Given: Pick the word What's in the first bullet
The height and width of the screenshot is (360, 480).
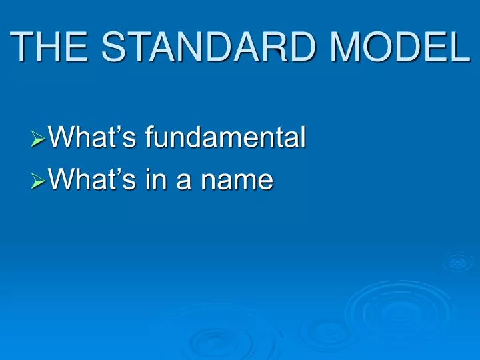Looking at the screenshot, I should (x=85, y=138).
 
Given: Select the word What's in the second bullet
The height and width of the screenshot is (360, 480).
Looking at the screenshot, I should (x=85, y=178).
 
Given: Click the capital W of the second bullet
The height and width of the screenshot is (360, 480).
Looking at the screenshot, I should (x=63, y=178).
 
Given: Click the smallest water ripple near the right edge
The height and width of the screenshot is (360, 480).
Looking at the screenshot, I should (x=457, y=262).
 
